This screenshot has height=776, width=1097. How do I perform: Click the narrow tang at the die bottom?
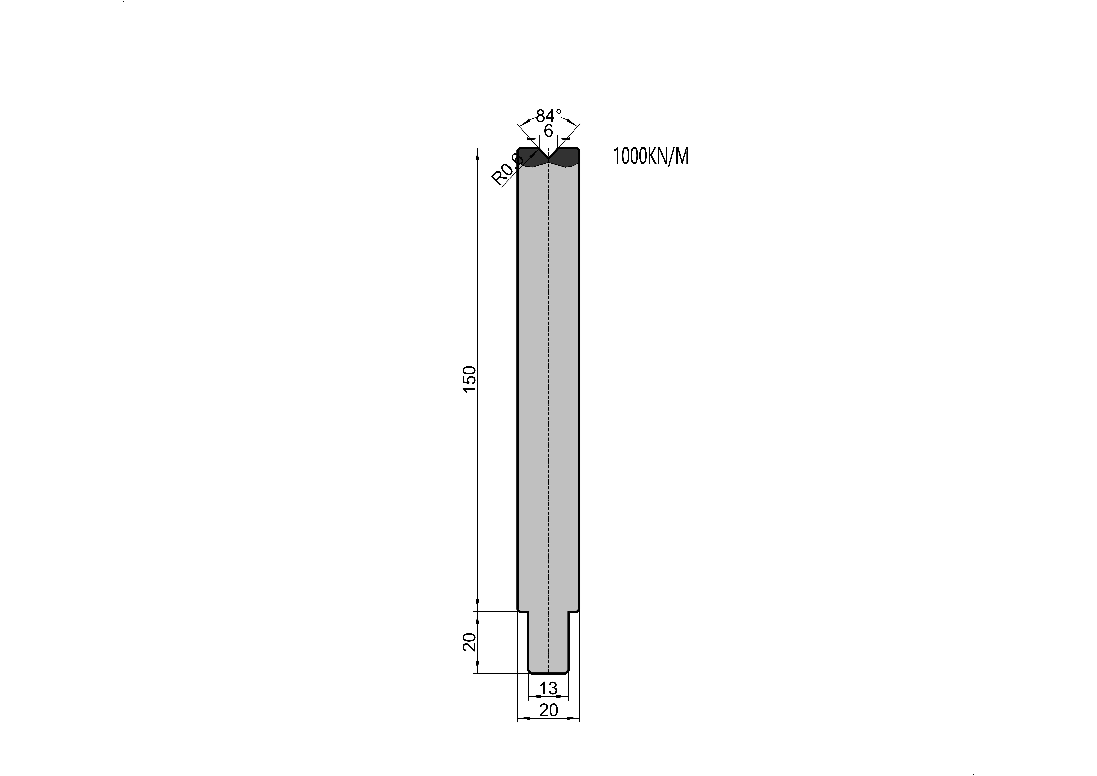pos(549,642)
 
